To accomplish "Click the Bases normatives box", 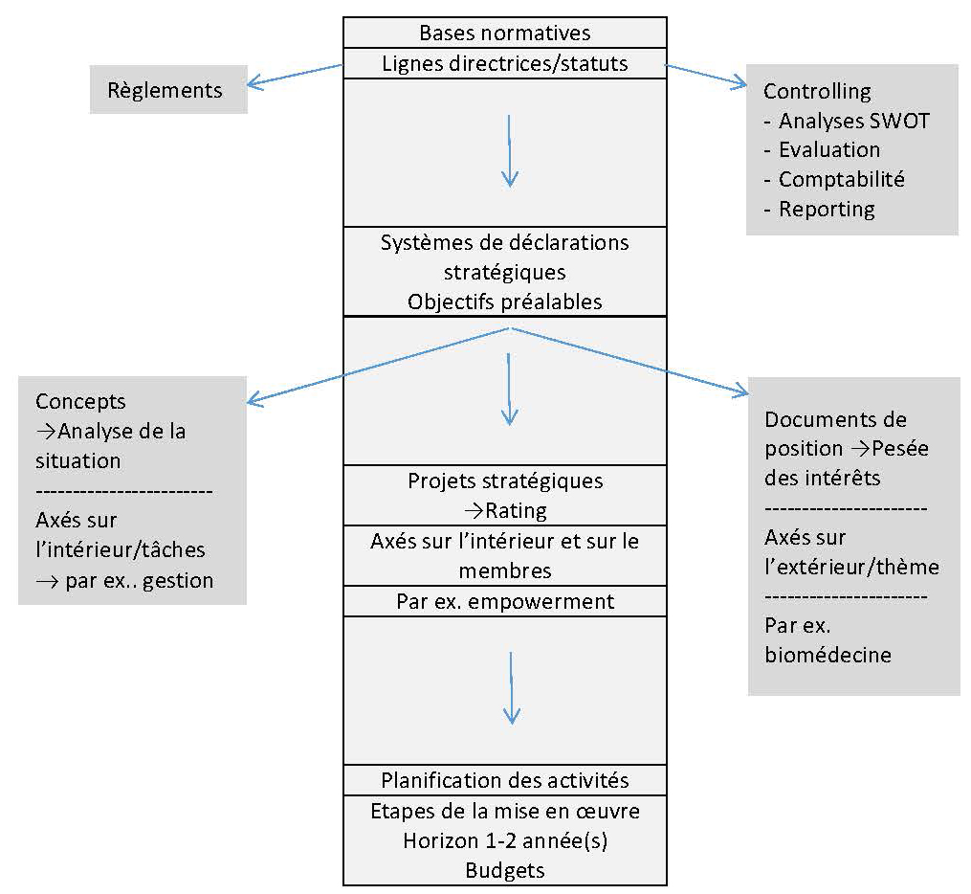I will [504, 33].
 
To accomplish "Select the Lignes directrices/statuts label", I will [504, 63].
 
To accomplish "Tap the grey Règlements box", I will [168, 90].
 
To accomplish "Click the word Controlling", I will [817, 92].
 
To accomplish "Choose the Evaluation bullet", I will [828, 150].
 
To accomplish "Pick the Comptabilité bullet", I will [841, 179].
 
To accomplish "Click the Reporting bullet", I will [826, 209].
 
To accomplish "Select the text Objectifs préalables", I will [504, 301].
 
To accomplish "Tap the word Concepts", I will [80, 402].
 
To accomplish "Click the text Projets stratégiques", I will [504, 481].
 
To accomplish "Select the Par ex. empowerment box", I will [504, 601].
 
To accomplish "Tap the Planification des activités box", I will [504, 779].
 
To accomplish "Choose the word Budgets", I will [504, 870].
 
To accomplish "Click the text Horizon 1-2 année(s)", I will [504, 840].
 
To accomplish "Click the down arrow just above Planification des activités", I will [511, 688].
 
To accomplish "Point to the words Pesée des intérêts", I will [847, 462].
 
